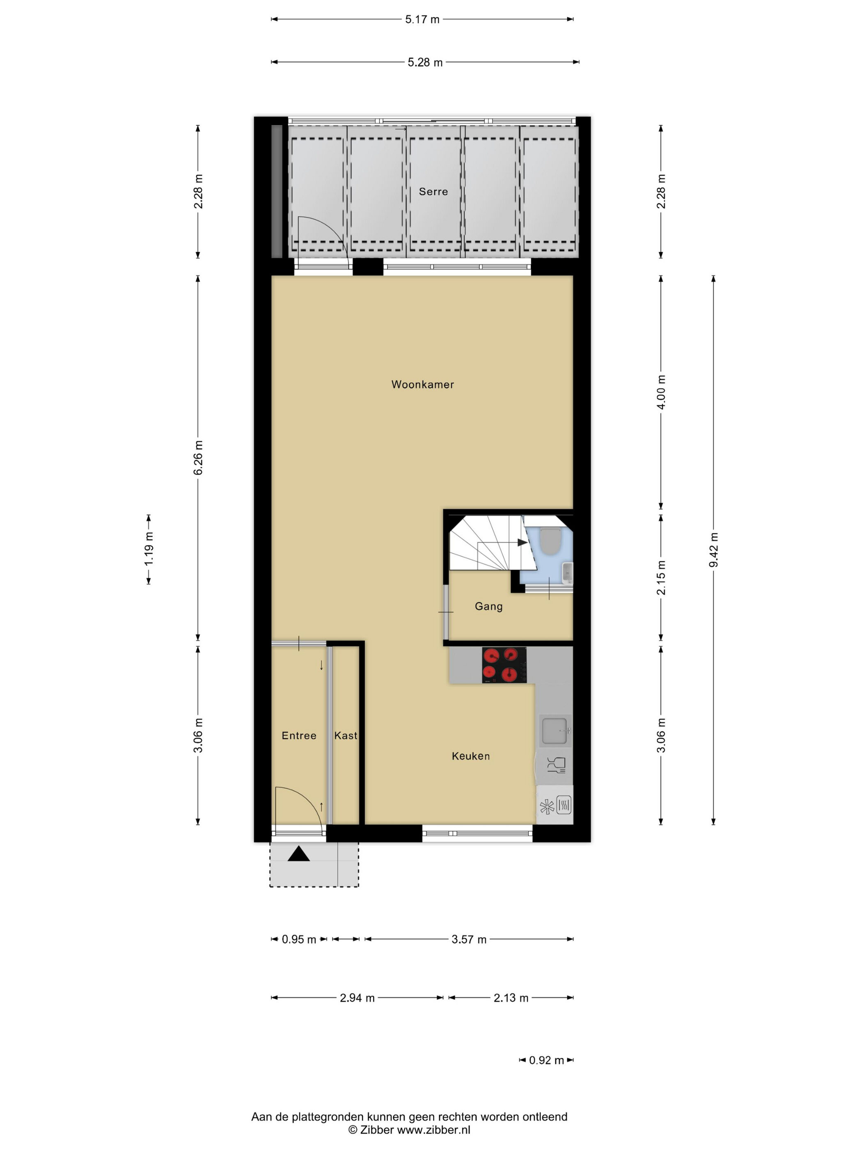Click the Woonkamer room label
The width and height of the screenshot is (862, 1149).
click(422, 385)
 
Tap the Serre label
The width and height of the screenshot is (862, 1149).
click(433, 192)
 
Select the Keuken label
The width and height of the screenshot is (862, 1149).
click(471, 756)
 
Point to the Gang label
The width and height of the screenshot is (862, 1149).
click(488, 606)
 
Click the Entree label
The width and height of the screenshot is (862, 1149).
click(299, 735)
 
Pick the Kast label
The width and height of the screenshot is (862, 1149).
click(346, 735)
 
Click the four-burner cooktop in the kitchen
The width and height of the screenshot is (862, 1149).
click(504, 665)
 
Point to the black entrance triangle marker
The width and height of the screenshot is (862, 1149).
click(299, 854)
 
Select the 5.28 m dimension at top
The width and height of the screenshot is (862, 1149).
click(425, 62)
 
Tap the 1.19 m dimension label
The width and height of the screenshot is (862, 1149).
click(149, 549)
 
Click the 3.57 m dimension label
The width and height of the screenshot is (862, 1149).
click(469, 939)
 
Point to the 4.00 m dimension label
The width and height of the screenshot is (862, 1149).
click(661, 392)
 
